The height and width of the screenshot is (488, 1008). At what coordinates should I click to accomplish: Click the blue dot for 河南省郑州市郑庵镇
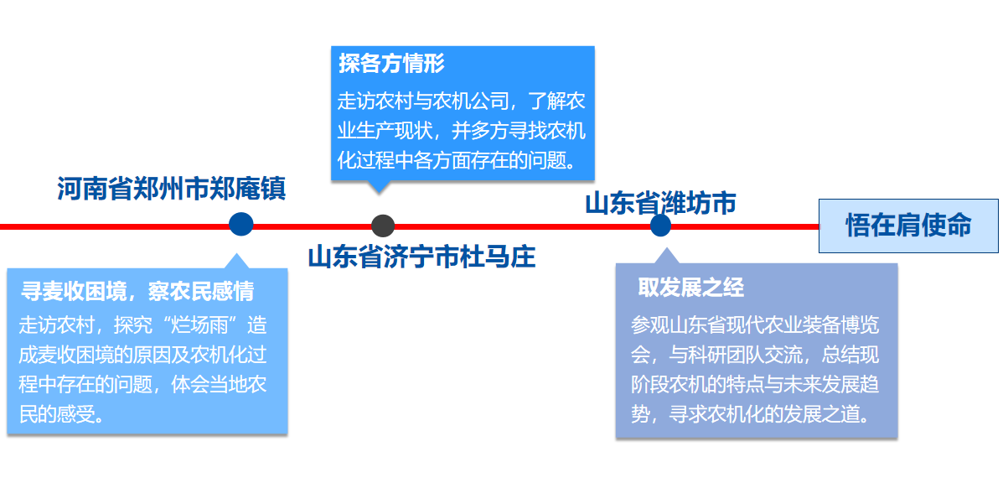click(241, 224)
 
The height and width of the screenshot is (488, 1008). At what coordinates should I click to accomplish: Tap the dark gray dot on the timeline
click(383, 226)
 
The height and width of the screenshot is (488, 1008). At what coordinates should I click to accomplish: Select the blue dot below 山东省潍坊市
click(660, 225)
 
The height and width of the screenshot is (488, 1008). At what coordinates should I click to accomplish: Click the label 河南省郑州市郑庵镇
click(172, 189)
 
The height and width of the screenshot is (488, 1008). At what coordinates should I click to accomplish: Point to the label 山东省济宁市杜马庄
click(421, 256)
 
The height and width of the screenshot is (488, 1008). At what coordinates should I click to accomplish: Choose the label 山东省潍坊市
click(660, 204)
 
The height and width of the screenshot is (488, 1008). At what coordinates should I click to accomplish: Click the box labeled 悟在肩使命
click(908, 226)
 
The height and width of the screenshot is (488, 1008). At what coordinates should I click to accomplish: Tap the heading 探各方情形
click(390, 64)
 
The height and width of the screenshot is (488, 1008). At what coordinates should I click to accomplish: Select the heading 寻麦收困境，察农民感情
click(137, 291)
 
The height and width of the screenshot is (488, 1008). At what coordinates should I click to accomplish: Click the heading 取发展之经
click(690, 288)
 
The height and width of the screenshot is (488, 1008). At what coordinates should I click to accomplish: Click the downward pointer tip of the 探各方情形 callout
click(380, 192)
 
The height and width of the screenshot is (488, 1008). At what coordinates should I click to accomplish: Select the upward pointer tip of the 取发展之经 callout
click(667, 250)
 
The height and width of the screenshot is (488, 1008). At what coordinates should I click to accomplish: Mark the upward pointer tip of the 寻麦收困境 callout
click(237, 255)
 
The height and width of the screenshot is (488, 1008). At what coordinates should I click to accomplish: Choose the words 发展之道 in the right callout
click(826, 413)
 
